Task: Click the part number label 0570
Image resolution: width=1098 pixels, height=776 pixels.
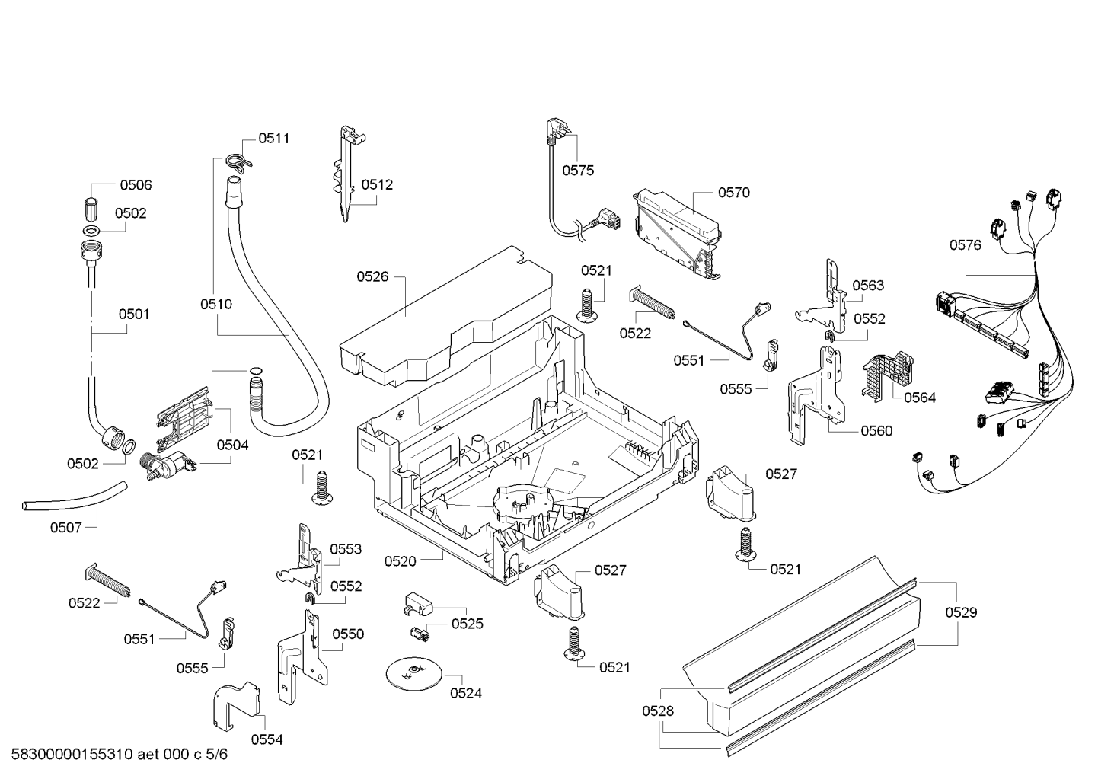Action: [x=734, y=193]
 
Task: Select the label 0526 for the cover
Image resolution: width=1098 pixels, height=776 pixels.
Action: [x=372, y=277]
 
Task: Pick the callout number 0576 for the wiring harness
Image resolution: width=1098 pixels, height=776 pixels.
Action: [x=966, y=245]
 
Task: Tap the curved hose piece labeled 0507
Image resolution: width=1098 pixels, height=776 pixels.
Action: [x=75, y=496]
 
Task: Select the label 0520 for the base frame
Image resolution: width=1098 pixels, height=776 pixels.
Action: [x=400, y=561]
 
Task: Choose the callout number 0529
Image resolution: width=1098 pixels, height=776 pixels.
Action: [x=961, y=612]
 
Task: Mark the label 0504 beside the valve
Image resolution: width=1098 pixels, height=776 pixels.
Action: [x=233, y=445]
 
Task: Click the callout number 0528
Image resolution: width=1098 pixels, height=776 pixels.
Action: [x=658, y=711]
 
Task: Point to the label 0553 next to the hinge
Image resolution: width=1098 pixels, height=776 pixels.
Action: [x=346, y=549]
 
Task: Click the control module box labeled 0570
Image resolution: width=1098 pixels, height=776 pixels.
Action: [x=678, y=234]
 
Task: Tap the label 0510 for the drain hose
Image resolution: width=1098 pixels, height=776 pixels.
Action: [x=216, y=305]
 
